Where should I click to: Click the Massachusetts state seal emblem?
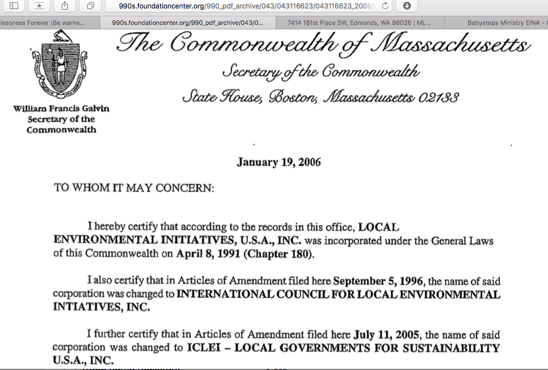(x=59, y=67)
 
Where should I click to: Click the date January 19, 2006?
(x=279, y=162)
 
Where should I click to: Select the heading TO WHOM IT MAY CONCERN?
(x=134, y=187)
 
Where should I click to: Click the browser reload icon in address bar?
(x=386, y=6)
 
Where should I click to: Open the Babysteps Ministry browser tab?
(x=504, y=23)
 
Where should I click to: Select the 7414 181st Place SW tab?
(x=358, y=23)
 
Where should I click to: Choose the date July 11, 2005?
(x=388, y=334)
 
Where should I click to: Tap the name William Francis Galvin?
(x=61, y=109)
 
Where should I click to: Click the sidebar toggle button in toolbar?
(x=14, y=6)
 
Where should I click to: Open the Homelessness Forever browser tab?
(x=42, y=23)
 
